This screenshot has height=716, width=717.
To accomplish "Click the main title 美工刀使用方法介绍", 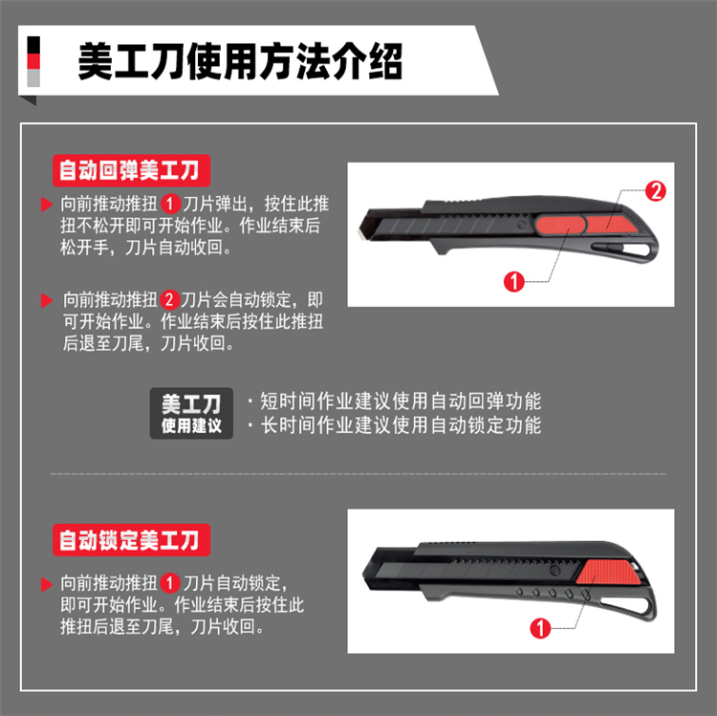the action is click(x=240, y=61).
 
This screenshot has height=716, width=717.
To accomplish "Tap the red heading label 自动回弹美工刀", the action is click(x=131, y=170).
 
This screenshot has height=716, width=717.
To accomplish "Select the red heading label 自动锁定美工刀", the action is click(x=131, y=540).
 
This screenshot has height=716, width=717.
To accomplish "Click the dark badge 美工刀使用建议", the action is click(x=191, y=413).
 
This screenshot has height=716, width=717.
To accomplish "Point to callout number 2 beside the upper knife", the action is click(x=655, y=191).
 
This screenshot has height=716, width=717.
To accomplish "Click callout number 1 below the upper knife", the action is click(x=514, y=282).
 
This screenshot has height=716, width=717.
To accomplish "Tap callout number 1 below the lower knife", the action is click(x=540, y=628).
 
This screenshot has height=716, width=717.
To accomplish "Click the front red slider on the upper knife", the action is click(x=560, y=226).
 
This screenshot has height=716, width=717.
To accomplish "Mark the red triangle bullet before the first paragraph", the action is click(x=47, y=204).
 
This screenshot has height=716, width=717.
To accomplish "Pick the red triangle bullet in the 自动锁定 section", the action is click(x=47, y=584).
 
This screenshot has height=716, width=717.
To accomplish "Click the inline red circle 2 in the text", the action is click(x=169, y=300).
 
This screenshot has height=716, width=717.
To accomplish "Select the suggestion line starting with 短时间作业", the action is click(x=394, y=401).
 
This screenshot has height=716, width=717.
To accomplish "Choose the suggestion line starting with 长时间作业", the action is click(x=394, y=425).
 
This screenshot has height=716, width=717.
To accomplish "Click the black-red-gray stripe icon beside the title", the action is click(x=33, y=62).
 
